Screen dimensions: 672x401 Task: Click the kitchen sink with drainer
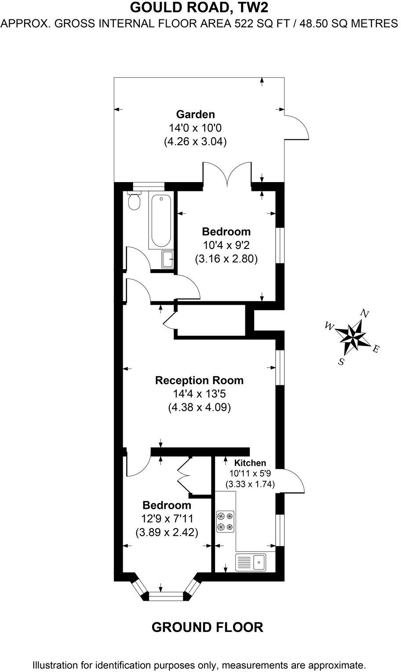251,562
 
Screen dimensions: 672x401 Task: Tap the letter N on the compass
365,313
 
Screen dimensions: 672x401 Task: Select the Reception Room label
199,380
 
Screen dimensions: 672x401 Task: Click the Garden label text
195,114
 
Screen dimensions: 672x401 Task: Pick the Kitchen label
250,463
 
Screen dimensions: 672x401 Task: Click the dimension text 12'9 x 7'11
167,519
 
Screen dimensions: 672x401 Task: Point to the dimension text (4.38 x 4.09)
199,408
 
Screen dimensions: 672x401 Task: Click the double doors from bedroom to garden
227,174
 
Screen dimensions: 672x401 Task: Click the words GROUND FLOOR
207,627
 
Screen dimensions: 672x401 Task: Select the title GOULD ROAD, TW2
200,7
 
